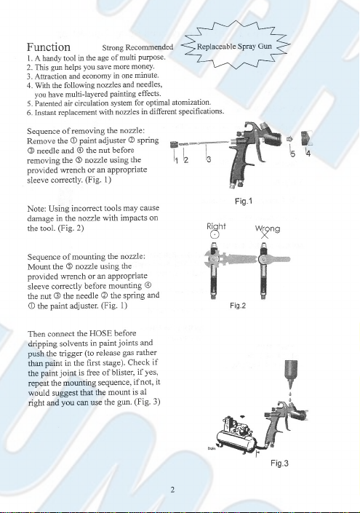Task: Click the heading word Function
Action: [49, 47]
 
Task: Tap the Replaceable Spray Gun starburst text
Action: [234, 46]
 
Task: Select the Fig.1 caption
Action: [244, 201]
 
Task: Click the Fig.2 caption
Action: [238, 306]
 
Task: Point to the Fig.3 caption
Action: [279, 463]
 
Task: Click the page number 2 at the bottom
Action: [172, 490]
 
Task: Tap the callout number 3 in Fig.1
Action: [209, 159]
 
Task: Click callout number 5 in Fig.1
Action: [293, 154]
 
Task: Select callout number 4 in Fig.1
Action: [308, 153]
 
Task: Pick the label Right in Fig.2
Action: [216, 226]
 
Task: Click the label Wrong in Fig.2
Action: [268, 228]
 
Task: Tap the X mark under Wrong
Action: [265, 234]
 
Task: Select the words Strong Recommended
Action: [137, 47]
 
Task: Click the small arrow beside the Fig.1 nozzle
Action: [289, 139]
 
